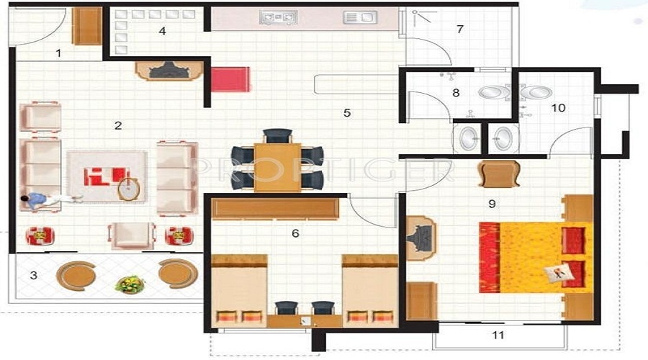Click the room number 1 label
58,53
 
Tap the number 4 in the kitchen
162,31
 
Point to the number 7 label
459,29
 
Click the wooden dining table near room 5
277,166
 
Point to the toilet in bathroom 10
537,92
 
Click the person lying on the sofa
47,199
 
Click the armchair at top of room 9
498,174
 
